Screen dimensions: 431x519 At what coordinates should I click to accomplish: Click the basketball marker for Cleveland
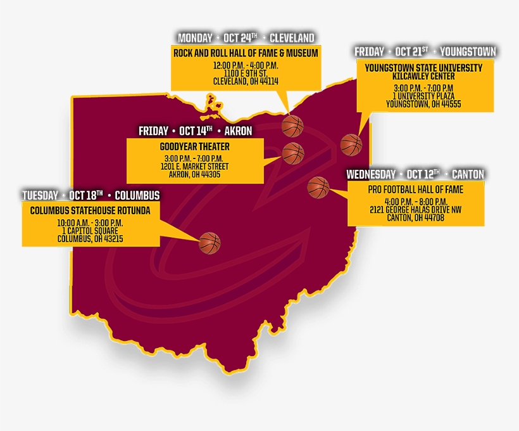(x=292, y=126)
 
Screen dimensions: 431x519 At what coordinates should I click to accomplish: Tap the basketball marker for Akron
(x=293, y=153)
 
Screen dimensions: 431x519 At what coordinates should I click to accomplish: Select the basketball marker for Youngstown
(x=351, y=145)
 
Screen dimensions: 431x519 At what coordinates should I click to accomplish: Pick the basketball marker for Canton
(x=318, y=188)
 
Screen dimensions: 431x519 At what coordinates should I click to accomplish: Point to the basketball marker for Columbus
(x=209, y=243)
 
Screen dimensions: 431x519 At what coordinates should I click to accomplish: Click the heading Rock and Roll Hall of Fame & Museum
(x=246, y=53)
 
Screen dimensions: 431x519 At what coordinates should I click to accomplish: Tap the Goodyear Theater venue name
(x=195, y=146)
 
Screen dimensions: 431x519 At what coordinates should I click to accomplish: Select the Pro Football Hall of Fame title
(x=415, y=190)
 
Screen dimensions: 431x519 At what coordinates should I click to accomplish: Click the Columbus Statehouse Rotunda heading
(x=91, y=210)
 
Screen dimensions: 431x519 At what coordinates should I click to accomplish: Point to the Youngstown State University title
(x=423, y=67)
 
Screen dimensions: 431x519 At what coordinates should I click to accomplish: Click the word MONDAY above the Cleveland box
(x=195, y=38)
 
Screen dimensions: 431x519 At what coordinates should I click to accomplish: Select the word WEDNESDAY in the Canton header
(x=371, y=174)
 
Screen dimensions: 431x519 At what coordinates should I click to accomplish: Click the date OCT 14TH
(x=196, y=131)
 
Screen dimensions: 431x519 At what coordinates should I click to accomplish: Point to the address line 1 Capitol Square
(x=90, y=231)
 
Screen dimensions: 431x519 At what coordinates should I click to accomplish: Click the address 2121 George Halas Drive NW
(x=415, y=210)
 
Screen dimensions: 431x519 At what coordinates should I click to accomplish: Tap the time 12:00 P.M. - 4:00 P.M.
(x=246, y=66)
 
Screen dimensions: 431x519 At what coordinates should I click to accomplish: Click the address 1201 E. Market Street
(x=195, y=167)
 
